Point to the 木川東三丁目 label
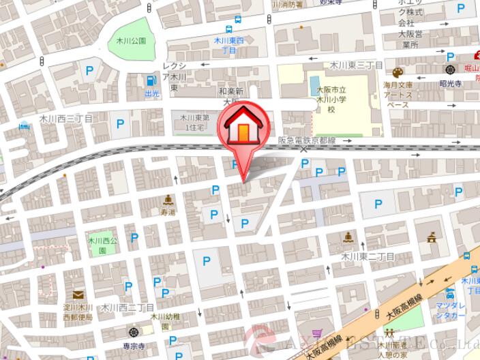point(357,65)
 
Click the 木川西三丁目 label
point(65,118)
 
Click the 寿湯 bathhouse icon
point(168,200)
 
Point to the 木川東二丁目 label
point(368,256)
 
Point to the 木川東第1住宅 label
point(192,123)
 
